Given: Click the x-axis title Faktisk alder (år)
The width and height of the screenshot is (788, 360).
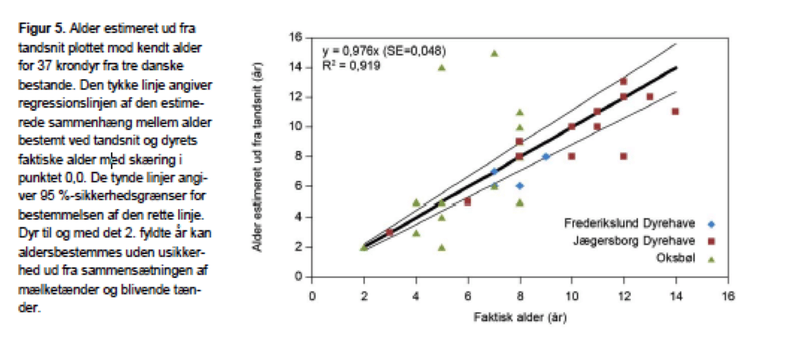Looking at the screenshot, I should point(520,318).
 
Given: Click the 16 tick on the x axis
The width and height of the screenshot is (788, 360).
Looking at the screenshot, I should point(728,295).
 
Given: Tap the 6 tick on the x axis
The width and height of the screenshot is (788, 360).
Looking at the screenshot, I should point(468,295).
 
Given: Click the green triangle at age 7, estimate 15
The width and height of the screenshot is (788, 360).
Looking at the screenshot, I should point(494,53).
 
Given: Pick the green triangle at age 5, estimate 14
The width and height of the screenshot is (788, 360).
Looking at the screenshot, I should point(442,67).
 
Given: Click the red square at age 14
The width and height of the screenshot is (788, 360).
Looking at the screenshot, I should point(675,112).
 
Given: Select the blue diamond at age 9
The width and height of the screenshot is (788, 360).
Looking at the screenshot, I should point(546,156).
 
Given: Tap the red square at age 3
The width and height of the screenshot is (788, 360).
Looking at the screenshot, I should point(389,232).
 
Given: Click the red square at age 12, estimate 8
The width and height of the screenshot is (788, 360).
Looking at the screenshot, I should point(624,156).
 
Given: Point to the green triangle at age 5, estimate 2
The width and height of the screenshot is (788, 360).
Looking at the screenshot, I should point(442,247).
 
